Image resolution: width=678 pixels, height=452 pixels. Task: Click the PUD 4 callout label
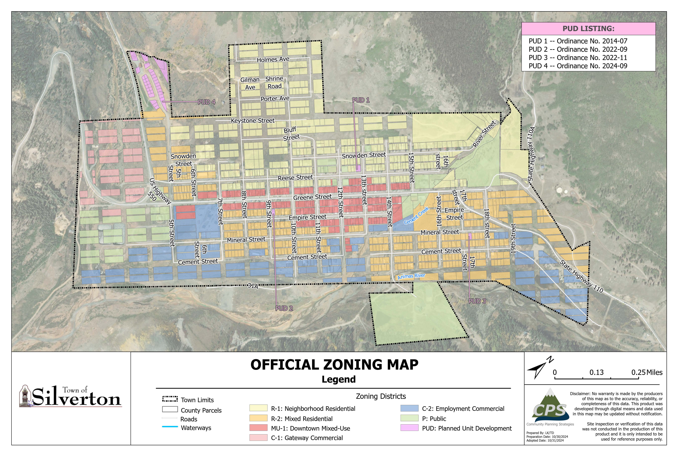click(206, 102)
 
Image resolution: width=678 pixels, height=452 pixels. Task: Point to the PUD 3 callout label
click(477, 301)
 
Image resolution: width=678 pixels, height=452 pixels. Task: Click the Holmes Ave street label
click(273, 59)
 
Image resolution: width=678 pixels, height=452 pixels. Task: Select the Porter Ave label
click(275, 99)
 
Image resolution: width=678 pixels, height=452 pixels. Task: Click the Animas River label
click(411, 276)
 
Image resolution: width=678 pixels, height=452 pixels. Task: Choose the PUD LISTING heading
click(588, 29)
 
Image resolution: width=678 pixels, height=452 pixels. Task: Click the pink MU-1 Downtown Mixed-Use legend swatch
click(258, 428)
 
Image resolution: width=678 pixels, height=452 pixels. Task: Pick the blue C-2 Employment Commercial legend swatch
click(409, 408)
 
